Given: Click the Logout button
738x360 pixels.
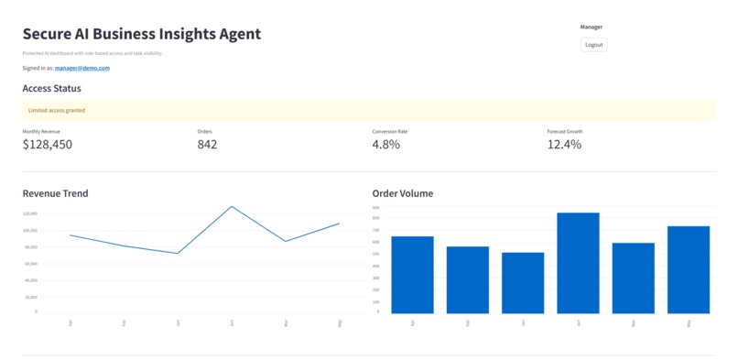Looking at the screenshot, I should pos(593,44).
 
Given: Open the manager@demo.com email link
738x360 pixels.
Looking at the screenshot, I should pos(82,69).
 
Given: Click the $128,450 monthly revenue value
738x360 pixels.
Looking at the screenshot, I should pos(48,145).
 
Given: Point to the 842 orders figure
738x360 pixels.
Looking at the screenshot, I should pos(207,145).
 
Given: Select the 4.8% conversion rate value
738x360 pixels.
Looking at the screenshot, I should pos(385,145).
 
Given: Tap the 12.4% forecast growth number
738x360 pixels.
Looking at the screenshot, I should pos(564,145).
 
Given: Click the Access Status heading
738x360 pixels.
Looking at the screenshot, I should pos(51,89).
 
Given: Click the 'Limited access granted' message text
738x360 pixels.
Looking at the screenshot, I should pos(57,111).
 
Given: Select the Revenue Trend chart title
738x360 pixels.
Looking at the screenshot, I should pos(55,193).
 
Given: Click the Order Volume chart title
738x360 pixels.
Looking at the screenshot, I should pos(403,193).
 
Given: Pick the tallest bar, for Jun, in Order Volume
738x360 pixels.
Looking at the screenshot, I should pos(578,263).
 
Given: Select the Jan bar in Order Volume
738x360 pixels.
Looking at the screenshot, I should pos(523,282).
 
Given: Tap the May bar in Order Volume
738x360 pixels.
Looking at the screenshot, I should pos(689,269).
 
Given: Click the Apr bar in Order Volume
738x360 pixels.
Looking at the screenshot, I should pos(412,274).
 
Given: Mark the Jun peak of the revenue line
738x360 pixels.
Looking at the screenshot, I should pos(231,207).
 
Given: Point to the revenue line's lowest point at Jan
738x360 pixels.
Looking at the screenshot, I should pos(178,253).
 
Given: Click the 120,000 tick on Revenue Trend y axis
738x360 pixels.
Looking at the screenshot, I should pos(29,213).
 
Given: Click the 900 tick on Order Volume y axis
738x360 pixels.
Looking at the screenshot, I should pos(376,207).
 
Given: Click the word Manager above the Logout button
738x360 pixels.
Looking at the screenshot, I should pos(591,27).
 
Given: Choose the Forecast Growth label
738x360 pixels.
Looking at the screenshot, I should pos(565,131).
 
